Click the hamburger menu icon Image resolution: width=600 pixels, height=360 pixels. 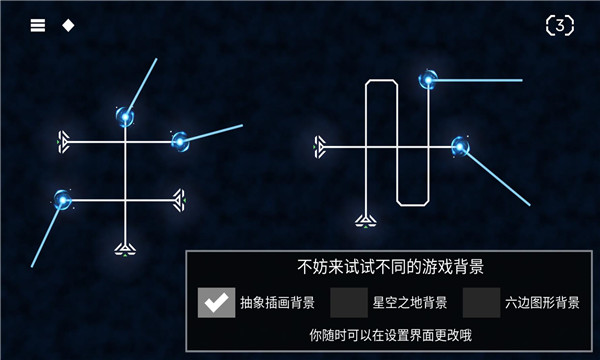(38, 25)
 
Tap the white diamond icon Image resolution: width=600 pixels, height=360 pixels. (68, 25)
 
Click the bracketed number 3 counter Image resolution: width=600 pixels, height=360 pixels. (560, 25)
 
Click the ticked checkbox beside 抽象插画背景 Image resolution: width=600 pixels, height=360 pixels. (216, 302)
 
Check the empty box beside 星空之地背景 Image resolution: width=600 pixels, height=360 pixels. (349, 302)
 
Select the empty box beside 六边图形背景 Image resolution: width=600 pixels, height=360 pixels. (481, 302)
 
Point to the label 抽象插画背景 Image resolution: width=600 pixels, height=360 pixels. (278, 302)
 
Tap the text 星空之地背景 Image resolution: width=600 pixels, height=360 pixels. (410, 302)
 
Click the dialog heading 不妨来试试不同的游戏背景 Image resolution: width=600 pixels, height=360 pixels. (391, 267)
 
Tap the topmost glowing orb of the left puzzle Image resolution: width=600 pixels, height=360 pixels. (126, 117)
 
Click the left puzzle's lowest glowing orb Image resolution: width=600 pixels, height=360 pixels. (64, 200)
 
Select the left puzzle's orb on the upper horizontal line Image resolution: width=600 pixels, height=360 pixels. (181, 142)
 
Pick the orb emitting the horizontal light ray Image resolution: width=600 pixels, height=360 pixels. (429, 80)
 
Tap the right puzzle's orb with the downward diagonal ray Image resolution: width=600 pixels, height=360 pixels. (460, 147)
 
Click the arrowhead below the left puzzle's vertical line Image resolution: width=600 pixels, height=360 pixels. (125, 246)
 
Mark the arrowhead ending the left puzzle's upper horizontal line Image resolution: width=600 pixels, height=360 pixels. (65, 143)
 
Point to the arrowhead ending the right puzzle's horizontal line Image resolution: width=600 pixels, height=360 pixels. (320, 147)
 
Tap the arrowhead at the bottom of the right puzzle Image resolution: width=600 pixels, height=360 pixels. (366, 219)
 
